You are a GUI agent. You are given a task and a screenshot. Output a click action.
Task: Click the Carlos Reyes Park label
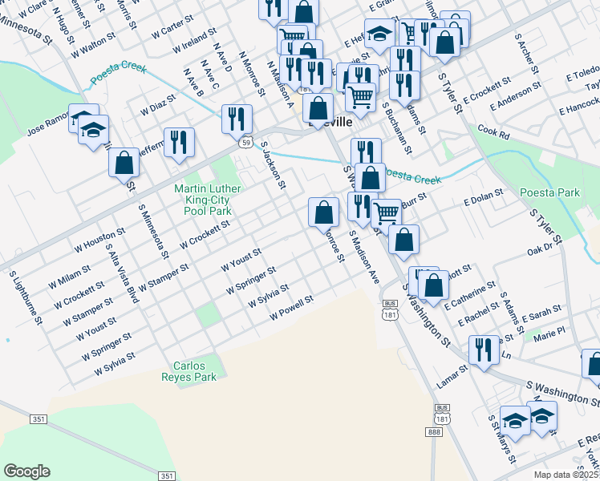coord(189,371)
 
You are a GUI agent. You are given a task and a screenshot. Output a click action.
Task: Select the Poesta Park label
coord(549,193)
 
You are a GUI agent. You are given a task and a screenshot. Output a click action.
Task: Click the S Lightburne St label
coord(26,297)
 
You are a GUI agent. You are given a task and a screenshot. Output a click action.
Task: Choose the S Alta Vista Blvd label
coord(121,273)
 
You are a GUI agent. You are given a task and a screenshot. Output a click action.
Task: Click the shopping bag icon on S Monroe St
coord(324,212)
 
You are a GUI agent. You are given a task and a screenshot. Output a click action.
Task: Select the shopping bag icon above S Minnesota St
coord(125,162)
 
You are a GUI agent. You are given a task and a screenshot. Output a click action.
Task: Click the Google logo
coord(26,471)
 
